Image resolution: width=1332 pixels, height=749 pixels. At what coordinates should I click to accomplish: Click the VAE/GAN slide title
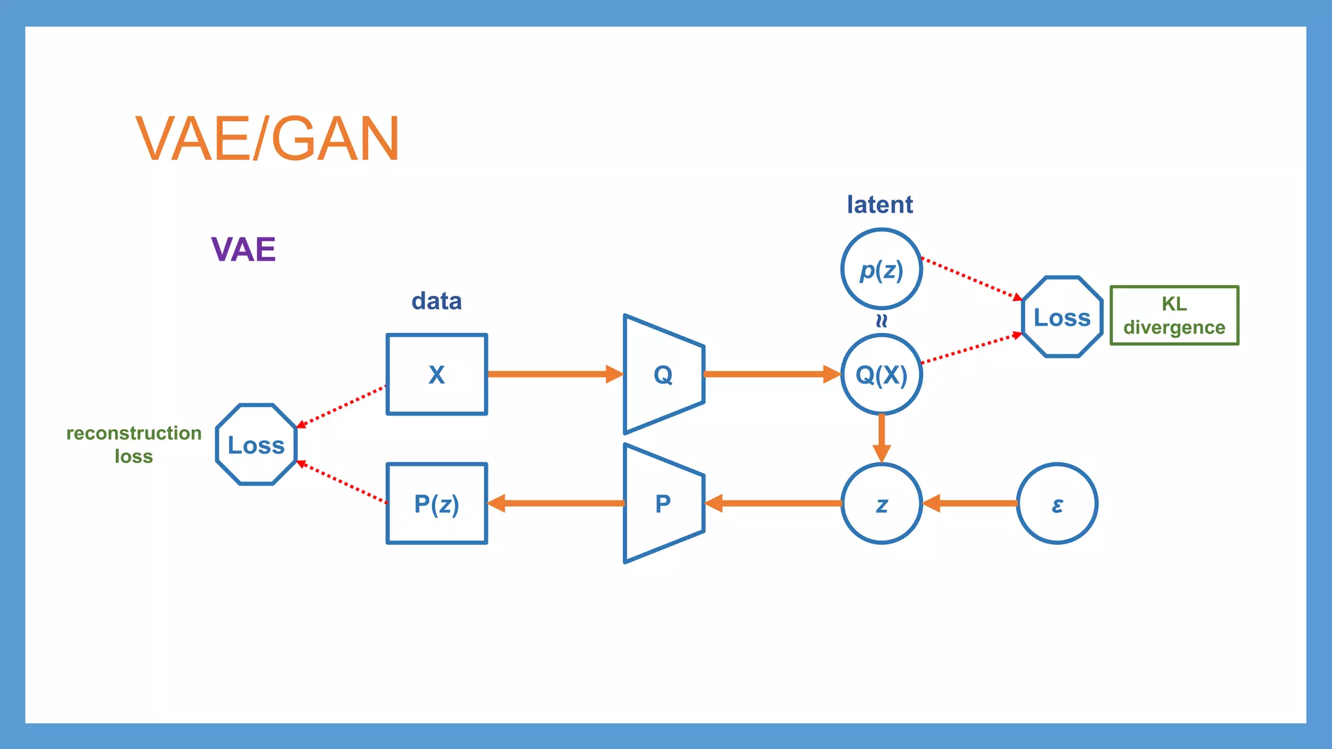(267, 138)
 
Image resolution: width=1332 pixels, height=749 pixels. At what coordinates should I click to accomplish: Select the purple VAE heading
(243, 250)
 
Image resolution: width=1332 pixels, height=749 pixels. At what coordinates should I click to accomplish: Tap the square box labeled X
(436, 374)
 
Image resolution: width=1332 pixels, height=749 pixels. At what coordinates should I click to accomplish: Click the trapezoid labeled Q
(663, 374)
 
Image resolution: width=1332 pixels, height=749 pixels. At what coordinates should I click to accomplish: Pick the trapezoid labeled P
(663, 503)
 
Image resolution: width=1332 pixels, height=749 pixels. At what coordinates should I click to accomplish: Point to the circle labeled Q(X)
(881, 374)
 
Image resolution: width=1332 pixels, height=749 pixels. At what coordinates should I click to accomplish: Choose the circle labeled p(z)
(881, 269)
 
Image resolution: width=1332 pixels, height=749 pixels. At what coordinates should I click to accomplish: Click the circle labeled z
(881, 504)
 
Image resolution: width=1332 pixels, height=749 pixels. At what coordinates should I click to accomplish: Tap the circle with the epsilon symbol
(1057, 504)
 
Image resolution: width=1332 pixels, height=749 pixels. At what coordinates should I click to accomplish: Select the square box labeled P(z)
(436, 503)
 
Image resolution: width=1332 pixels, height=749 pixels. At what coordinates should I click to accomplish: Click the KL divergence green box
(1174, 315)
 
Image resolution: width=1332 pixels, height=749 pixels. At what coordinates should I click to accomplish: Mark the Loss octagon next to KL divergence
(1062, 317)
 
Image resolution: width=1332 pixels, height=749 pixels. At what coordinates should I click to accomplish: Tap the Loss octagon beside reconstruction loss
(256, 445)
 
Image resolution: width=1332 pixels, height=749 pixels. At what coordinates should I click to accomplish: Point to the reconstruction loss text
(134, 445)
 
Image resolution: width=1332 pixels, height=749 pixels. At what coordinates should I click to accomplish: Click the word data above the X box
(436, 301)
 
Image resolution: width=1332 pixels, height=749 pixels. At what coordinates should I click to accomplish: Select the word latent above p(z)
(879, 205)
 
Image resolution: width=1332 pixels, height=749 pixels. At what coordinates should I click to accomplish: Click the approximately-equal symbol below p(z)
(881, 321)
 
